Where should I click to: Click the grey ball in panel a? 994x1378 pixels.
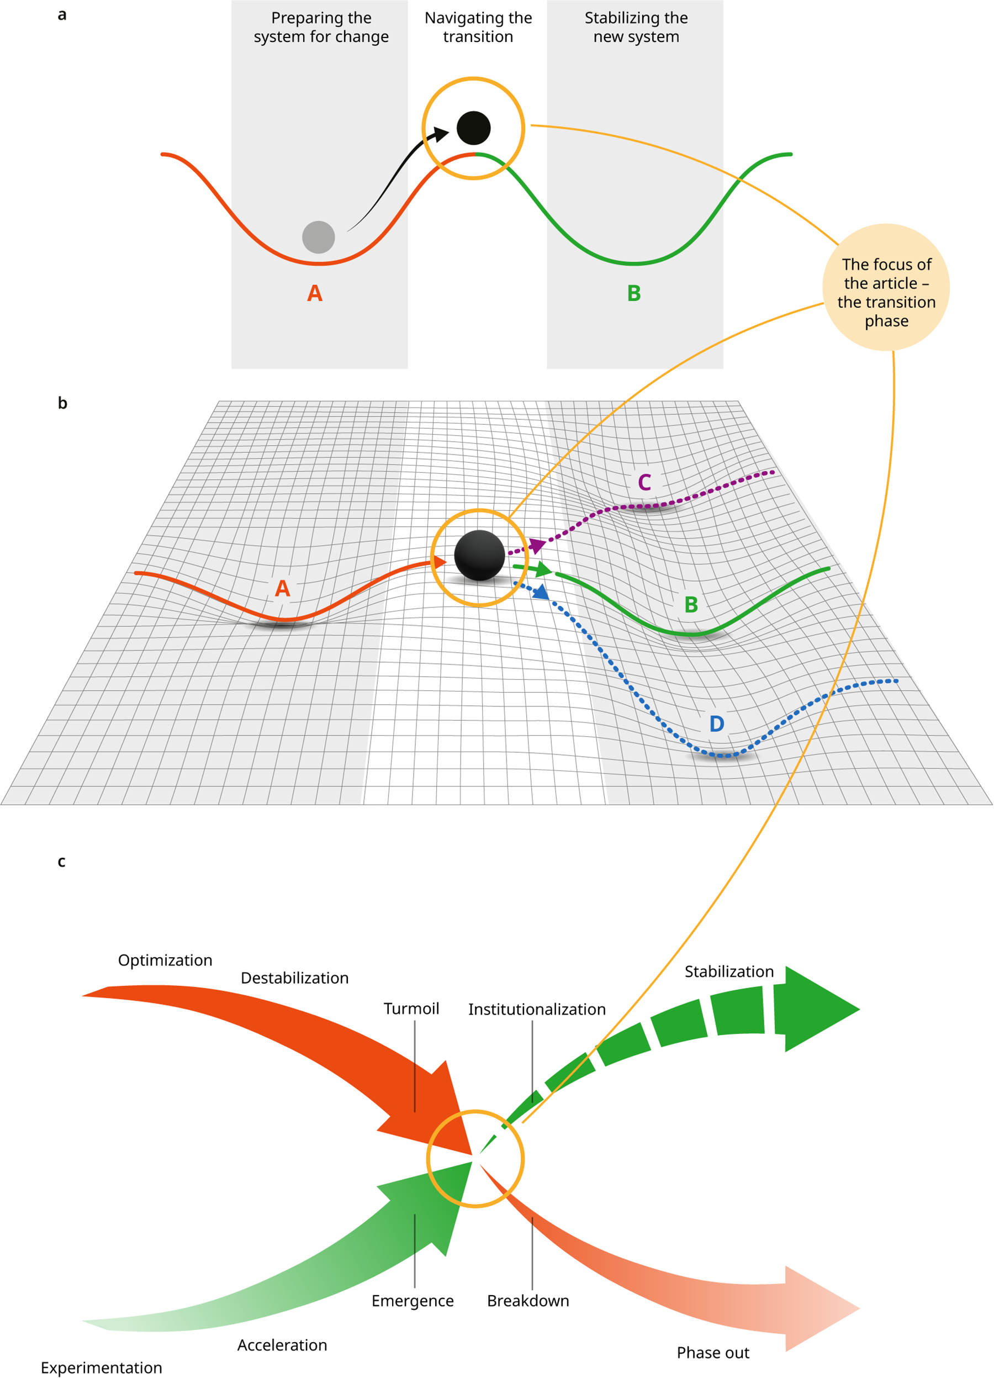pyautogui.click(x=319, y=237)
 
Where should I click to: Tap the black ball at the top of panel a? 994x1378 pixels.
pyautogui.click(x=473, y=128)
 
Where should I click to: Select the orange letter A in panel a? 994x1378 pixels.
pyautogui.click(x=315, y=293)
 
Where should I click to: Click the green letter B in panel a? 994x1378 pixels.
pyautogui.click(x=634, y=293)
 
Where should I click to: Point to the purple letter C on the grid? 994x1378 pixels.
pyautogui.click(x=644, y=482)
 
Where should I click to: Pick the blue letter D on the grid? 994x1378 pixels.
pyautogui.click(x=717, y=724)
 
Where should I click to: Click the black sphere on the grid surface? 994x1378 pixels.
pyautogui.click(x=479, y=555)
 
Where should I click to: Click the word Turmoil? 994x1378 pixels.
pyautogui.click(x=411, y=1009)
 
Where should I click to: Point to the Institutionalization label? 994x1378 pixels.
pyautogui.click(x=537, y=1009)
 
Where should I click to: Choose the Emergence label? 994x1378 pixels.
pyautogui.click(x=413, y=1301)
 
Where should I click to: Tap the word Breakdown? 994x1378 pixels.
pyautogui.click(x=528, y=1301)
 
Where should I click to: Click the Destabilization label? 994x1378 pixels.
pyautogui.click(x=295, y=978)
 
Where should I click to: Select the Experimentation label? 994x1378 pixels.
pyautogui.click(x=102, y=1368)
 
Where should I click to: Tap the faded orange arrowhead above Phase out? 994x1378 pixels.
pyautogui.click(x=820, y=1310)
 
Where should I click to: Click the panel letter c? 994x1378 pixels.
pyautogui.click(x=61, y=862)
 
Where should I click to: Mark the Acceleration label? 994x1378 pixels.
pyautogui.click(x=282, y=1345)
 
